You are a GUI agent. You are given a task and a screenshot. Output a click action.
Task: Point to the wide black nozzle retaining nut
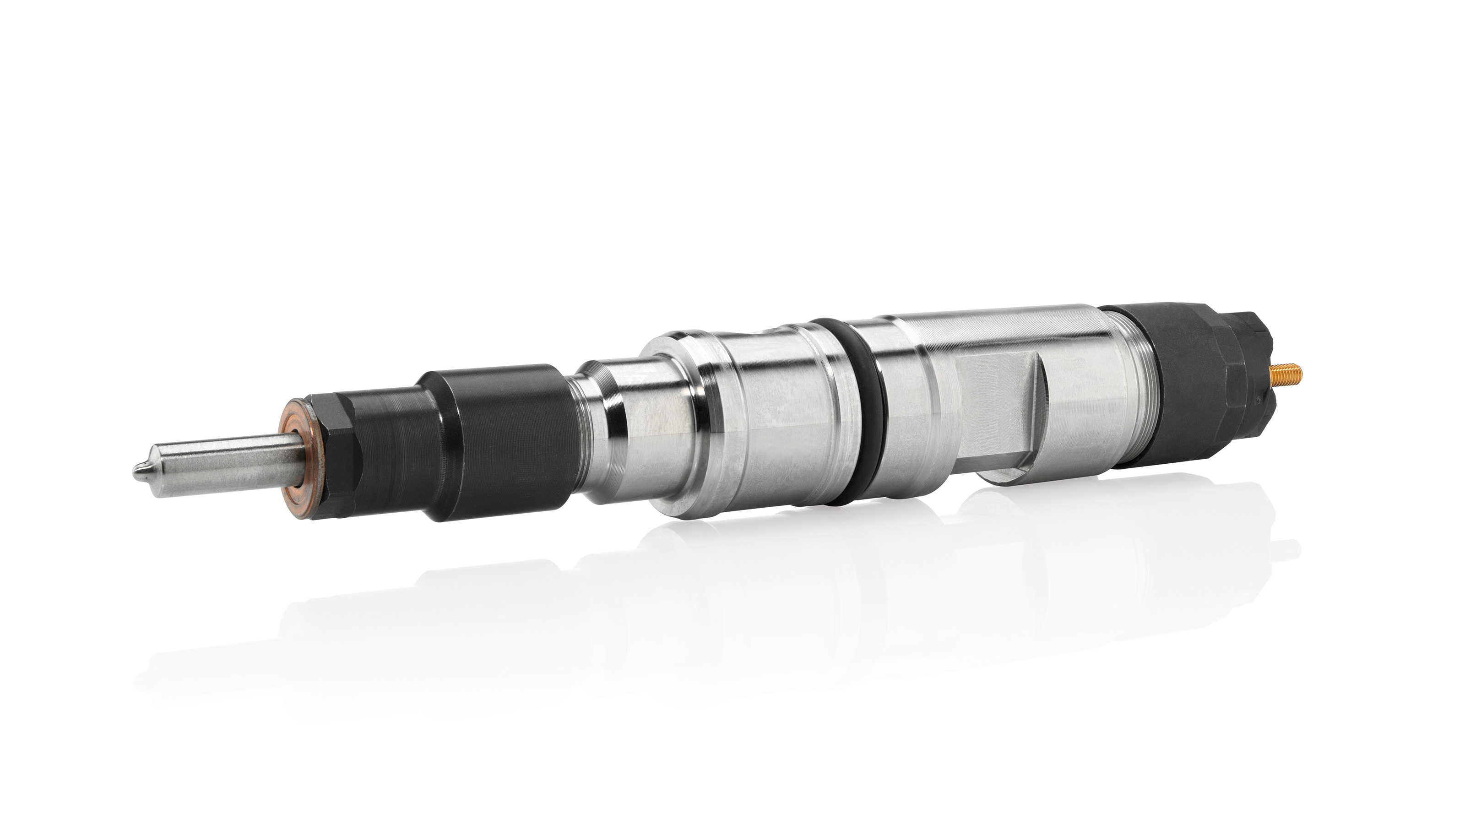500,441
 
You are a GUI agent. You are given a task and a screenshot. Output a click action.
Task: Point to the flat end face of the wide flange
671,432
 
